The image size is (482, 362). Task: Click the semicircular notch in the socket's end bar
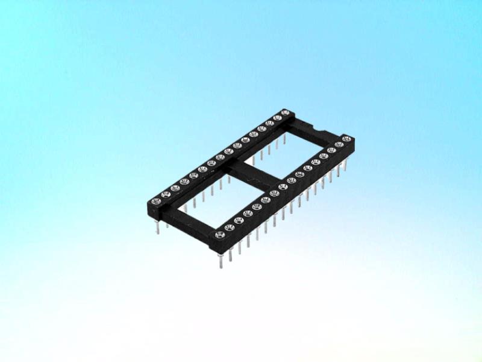point(318,129)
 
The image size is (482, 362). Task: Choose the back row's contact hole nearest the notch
point(286,112)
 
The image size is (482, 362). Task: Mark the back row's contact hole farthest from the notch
point(156,200)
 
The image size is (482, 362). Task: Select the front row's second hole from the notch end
point(339,145)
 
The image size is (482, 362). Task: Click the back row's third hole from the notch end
point(269,123)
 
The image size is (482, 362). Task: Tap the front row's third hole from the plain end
point(237,221)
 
